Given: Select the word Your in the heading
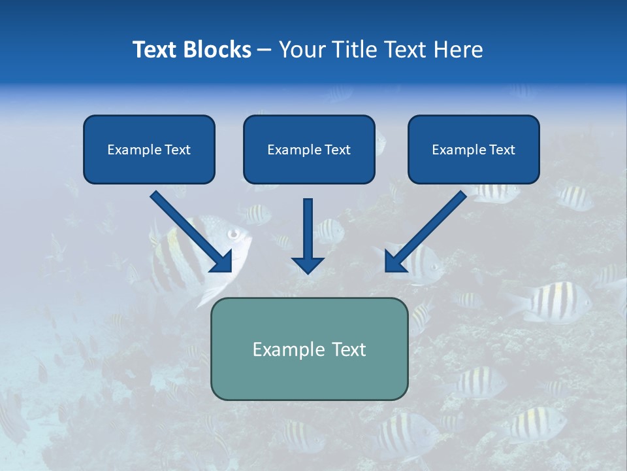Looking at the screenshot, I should (301, 50).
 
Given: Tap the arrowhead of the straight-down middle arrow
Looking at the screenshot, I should (308, 264).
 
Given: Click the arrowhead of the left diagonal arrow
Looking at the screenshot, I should (221, 262).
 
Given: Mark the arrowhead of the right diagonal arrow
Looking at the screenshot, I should (396, 261).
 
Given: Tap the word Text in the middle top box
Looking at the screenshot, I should (338, 150).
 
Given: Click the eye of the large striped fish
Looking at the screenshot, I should (233, 233).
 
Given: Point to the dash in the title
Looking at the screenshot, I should (265, 50).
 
